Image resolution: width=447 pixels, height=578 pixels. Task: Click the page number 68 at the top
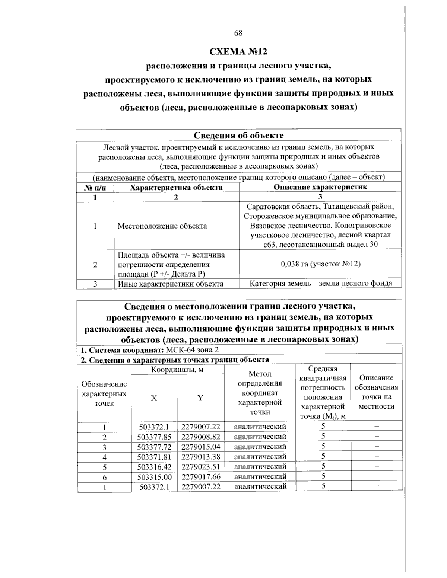(238, 33)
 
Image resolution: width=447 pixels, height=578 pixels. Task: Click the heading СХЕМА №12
(238, 51)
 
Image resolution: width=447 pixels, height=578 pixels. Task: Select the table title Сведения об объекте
(238, 135)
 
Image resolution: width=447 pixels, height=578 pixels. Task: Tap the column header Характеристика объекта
(176, 187)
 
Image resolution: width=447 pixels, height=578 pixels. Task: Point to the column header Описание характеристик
(320, 187)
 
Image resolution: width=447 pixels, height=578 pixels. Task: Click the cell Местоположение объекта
(162, 226)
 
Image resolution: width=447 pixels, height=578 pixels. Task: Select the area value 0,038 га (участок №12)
(320, 264)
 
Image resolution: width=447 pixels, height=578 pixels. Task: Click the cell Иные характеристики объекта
(171, 284)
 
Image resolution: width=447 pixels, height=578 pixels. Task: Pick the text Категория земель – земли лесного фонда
(320, 284)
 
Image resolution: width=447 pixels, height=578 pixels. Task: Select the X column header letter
(154, 398)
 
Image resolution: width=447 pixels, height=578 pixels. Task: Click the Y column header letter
(200, 398)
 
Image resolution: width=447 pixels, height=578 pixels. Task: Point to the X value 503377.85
(154, 437)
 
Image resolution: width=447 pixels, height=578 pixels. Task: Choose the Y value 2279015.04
(201, 447)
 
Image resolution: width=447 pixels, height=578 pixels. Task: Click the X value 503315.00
(154, 476)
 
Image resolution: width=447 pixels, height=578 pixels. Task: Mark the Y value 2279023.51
(201, 466)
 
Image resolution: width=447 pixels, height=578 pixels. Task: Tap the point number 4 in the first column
(105, 457)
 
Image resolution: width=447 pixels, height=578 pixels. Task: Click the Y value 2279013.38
(201, 457)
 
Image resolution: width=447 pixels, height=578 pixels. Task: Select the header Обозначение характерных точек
(104, 394)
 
